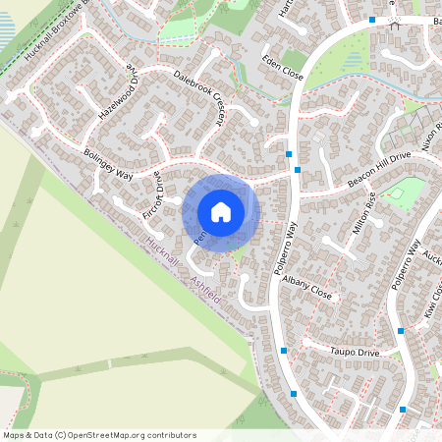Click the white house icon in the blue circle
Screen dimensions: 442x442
220,211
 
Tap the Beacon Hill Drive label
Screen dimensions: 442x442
378,171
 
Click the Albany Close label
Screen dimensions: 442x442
307,288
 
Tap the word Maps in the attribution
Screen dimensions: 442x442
14,434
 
